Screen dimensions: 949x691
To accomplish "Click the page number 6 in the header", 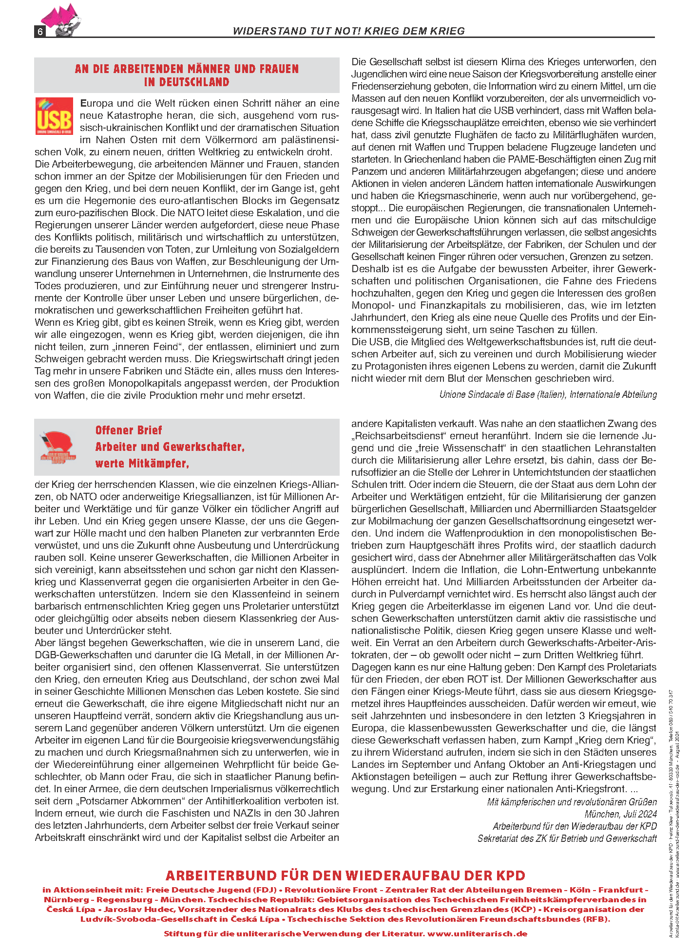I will tap(40, 32).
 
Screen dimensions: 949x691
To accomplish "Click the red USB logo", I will tap(54, 116).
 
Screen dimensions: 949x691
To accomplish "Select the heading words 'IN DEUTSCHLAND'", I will tap(187, 82).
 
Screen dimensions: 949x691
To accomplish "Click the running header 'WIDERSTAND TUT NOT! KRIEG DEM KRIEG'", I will tap(348, 31).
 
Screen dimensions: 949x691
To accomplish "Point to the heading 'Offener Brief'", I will tap(129, 430).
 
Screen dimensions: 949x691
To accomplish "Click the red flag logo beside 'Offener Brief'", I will tap(58, 447).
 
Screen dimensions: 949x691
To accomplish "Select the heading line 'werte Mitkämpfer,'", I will tap(142, 464).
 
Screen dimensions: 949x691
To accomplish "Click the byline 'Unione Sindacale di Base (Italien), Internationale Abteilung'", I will tap(548, 394).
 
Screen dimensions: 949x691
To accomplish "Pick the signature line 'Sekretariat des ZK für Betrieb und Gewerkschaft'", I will tap(567, 838).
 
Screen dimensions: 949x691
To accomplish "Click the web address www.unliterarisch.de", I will tap(477, 934).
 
